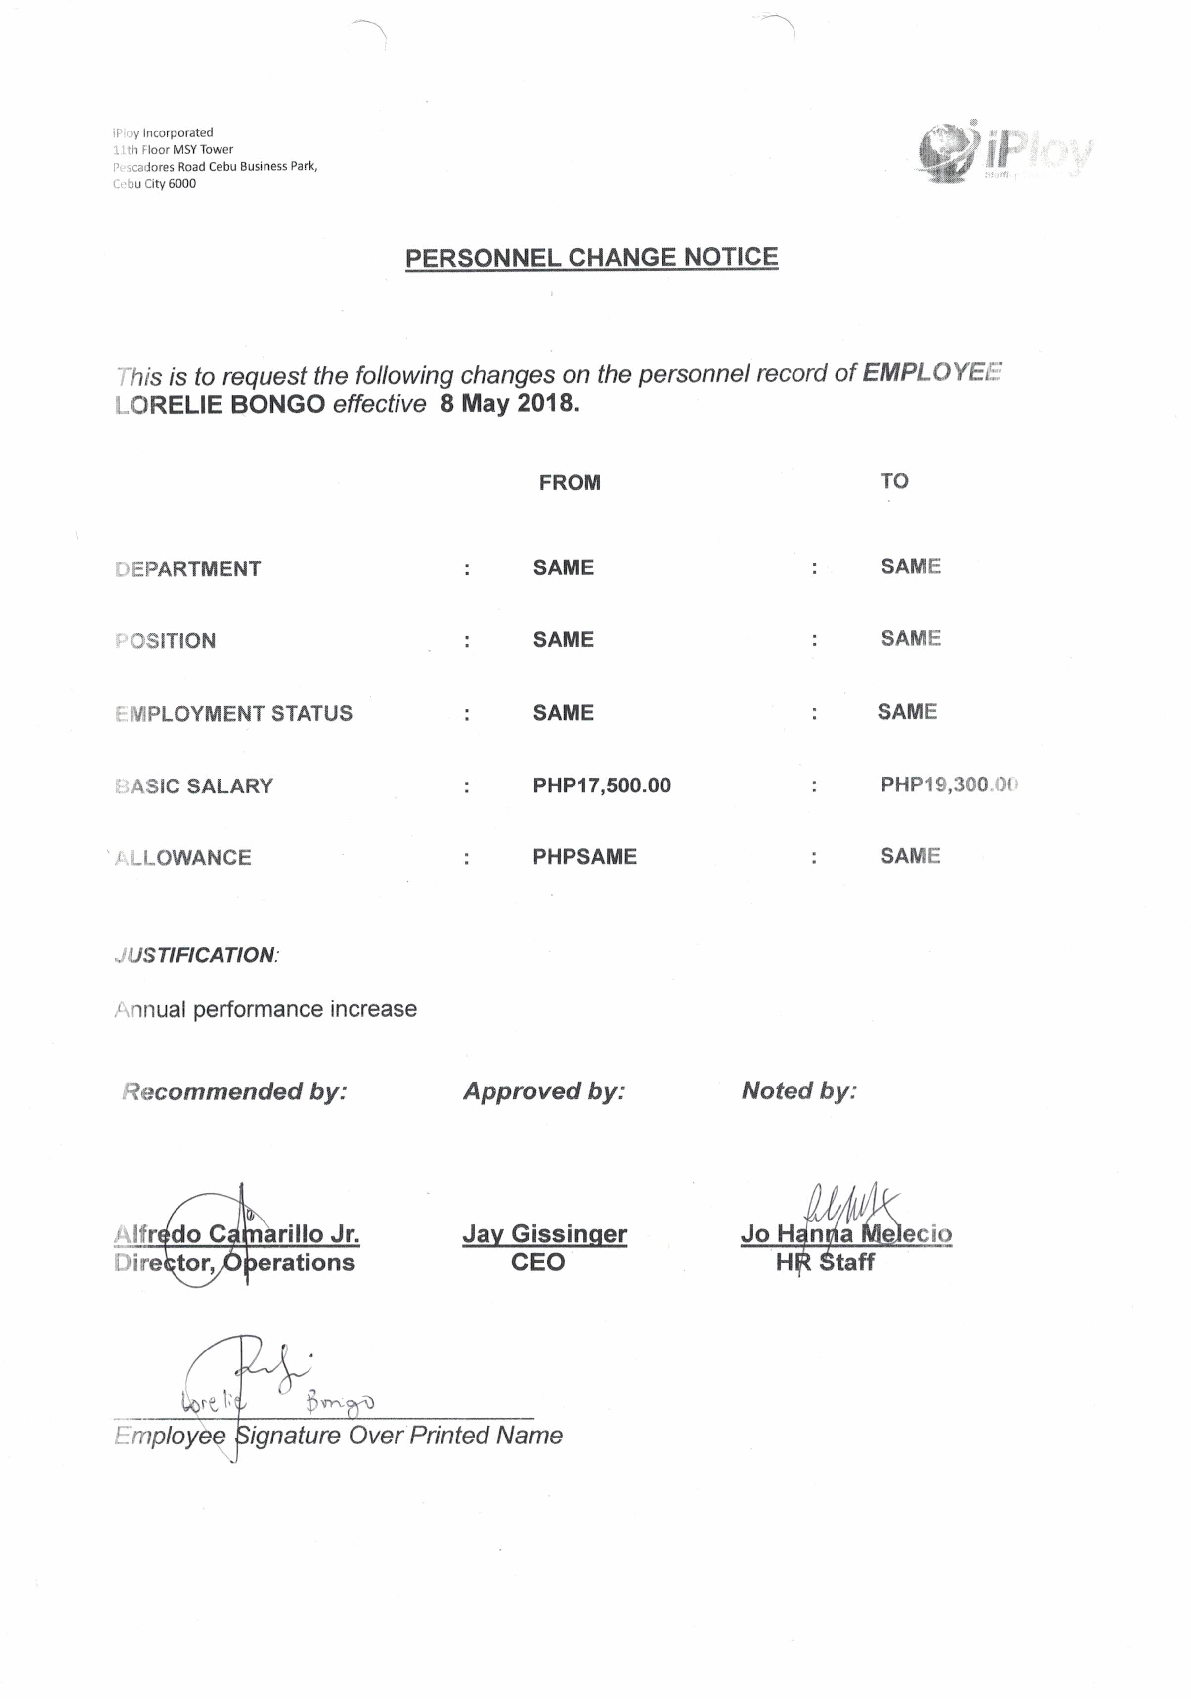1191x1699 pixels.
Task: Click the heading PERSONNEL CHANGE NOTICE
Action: (x=591, y=258)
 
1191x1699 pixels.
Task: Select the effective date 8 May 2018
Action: (x=509, y=403)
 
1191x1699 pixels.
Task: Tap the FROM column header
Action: (x=569, y=482)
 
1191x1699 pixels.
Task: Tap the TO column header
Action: (x=893, y=481)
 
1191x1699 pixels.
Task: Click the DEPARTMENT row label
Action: (x=188, y=568)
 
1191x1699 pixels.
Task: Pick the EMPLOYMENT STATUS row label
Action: (x=234, y=713)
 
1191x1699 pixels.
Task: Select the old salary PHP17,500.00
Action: (x=601, y=785)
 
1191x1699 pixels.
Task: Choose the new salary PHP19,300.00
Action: (x=948, y=784)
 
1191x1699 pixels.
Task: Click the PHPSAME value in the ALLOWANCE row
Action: (x=584, y=856)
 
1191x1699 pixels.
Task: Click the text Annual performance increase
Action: (x=265, y=1009)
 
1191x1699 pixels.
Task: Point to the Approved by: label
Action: (x=544, y=1091)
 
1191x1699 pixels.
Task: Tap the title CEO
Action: (x=537, y=1262)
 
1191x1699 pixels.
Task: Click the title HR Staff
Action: (x=825, y=1262)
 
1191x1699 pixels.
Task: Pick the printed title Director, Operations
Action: (x=235, y=1262)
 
